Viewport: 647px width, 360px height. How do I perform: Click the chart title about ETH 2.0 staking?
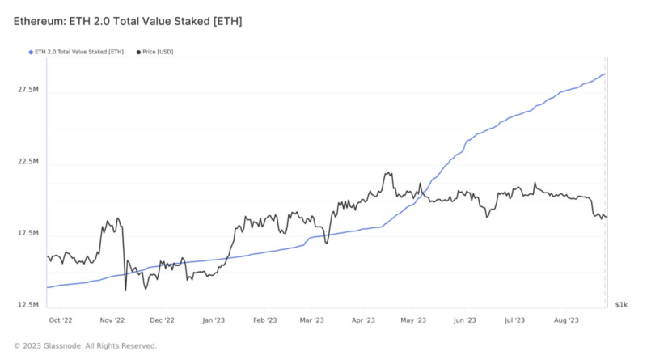(126, 20)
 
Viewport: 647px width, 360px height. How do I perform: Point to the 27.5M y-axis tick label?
(29, 91)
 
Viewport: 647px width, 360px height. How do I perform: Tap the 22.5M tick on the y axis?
(29, 162)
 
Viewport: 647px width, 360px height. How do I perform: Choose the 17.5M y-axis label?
(29, 234)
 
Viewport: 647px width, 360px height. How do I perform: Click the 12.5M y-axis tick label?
(29, 305)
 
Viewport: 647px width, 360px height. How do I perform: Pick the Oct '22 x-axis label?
(62, 320)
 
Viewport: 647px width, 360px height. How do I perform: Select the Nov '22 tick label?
(112, 320)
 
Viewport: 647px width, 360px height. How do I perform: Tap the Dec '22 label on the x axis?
(163, 320)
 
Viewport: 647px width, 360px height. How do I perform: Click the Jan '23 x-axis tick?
(214, 320)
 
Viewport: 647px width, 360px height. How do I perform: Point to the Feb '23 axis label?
(264, 320)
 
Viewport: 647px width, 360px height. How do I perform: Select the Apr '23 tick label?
(364, 320)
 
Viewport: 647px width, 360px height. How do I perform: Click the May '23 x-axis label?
(413, 320)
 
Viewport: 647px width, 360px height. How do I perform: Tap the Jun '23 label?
(464, 320)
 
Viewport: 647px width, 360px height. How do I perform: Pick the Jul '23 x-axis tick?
(514, 320)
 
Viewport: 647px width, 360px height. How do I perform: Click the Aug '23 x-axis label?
(565, 320)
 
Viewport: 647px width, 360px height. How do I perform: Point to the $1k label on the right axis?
(620, 305)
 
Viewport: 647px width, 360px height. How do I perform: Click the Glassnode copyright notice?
(86, 346)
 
